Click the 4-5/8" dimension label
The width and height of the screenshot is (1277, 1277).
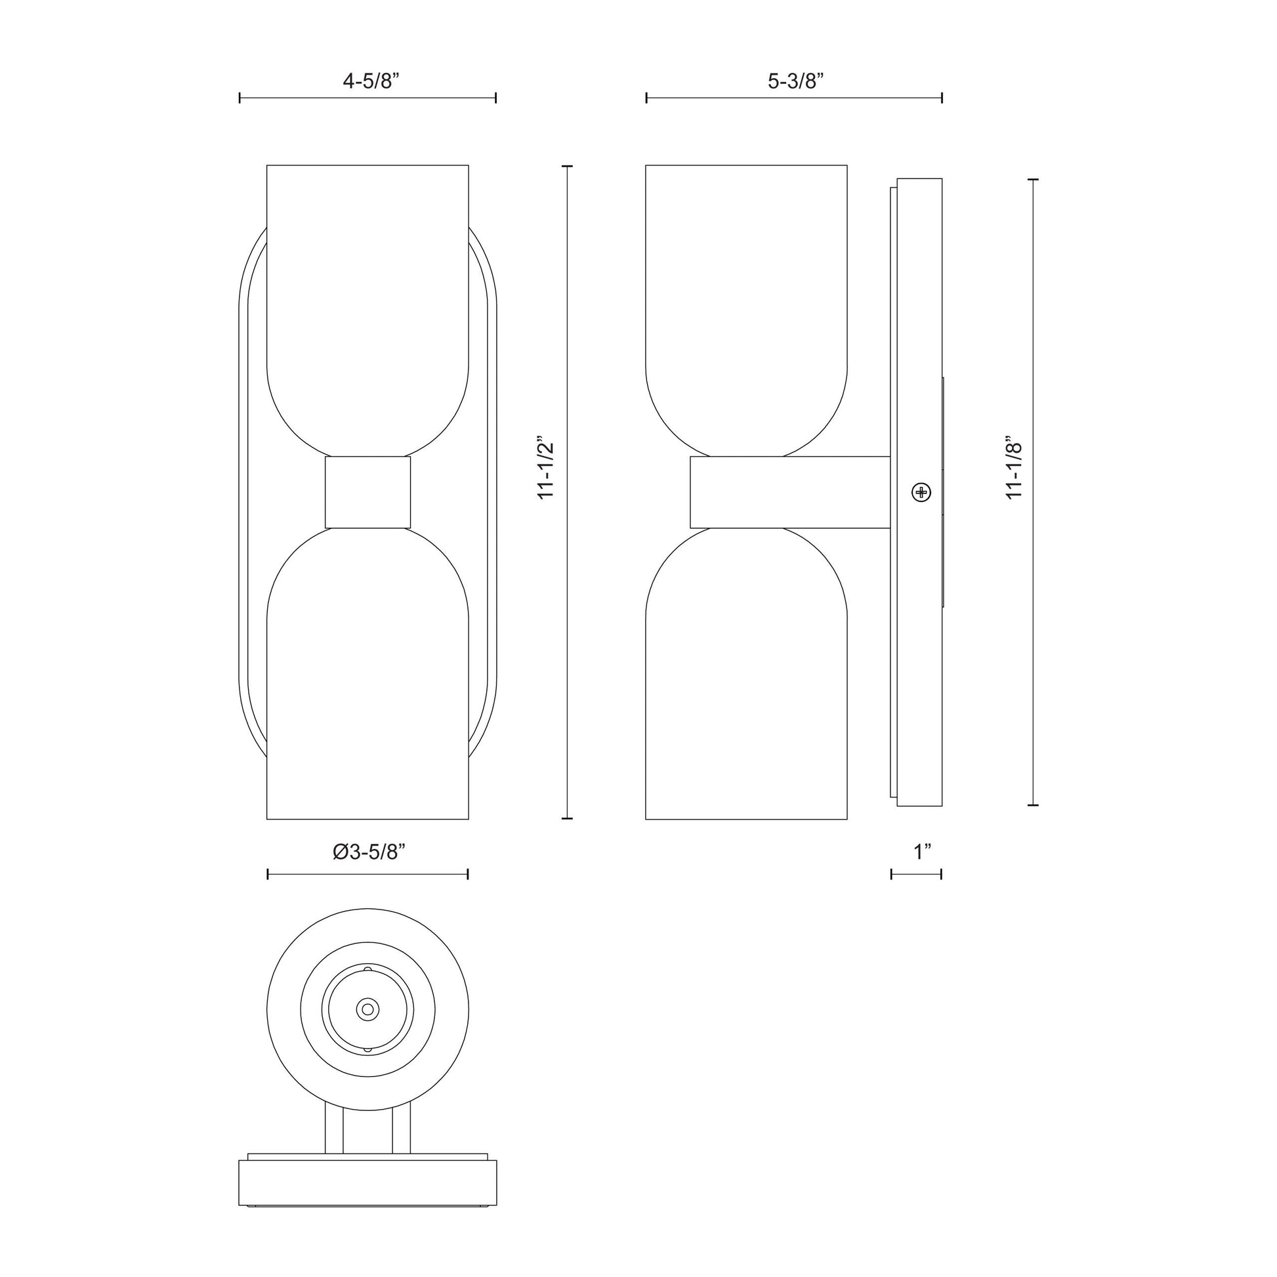(371, 81)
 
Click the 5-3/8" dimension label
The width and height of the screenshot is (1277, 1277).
(795, 81)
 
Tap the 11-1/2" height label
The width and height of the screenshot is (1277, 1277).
(546, 467)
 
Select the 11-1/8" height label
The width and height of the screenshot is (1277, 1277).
(1014, 467)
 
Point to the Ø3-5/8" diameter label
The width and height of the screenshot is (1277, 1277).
(369, 852)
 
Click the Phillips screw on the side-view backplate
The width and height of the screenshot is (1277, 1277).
(920, 492)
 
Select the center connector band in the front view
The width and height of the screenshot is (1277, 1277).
(367, 492)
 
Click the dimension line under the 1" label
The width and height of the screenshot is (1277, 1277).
(916, 875)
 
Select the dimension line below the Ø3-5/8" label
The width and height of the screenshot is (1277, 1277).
(367, 875)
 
